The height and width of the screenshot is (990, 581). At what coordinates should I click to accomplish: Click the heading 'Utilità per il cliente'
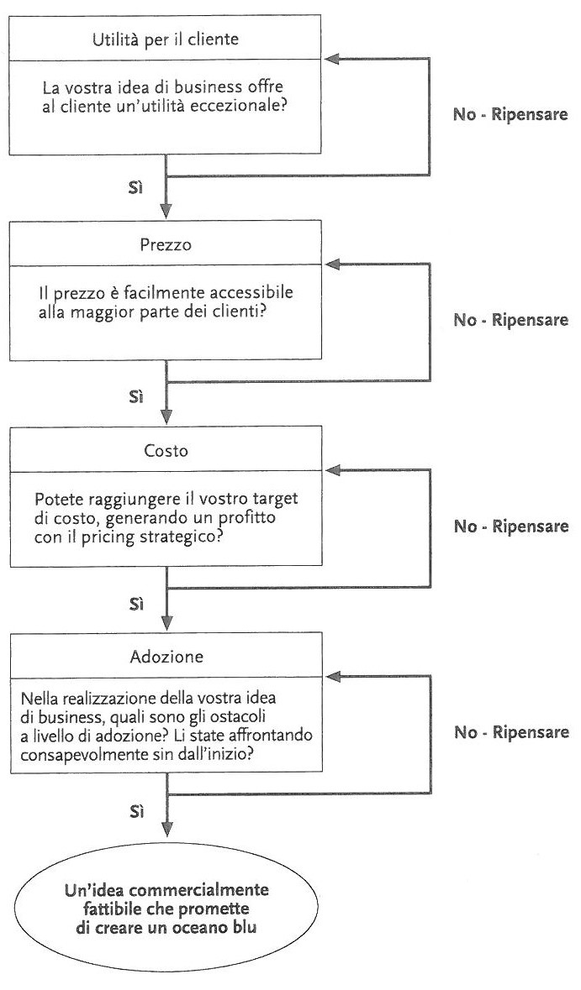pos(166,39)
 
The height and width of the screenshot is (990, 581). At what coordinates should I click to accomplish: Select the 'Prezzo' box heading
pos(166,245)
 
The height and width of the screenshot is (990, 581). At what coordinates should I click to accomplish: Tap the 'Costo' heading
pos(166,451)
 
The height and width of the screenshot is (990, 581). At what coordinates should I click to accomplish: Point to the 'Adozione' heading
pos(166,657)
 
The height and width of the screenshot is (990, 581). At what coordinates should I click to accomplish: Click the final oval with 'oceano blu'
pos(167,909)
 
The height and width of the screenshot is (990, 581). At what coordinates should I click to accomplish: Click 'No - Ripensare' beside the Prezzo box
pos(511,320)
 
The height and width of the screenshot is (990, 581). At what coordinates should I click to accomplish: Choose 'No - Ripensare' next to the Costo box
pos(511,526)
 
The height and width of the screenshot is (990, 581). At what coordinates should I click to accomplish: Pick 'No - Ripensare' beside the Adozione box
pos(511,732)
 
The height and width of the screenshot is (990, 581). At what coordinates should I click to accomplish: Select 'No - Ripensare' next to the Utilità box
pos(511,115)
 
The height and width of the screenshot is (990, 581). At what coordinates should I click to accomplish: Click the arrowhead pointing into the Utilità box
pos(333,60)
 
